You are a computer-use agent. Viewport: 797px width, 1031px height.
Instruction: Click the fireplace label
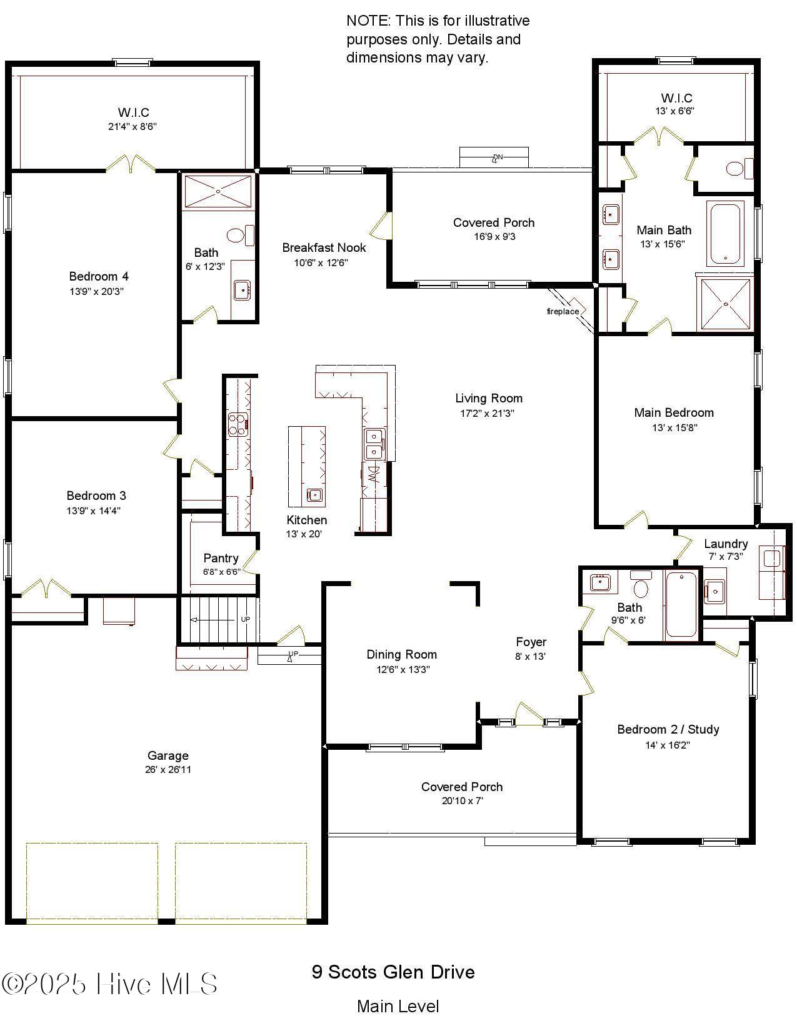(563, 311)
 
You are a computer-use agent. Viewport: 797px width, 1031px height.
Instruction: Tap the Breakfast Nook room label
(324, 247)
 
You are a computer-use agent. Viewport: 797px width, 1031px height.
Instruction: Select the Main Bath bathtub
(725, 232)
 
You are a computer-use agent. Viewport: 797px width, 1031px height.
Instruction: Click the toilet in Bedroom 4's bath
(236, 235)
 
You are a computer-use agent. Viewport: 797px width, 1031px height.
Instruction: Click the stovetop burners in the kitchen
(238, 424)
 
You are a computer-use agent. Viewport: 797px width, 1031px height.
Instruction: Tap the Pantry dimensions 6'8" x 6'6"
(221, 572)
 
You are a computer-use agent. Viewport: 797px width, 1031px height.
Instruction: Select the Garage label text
(168, 755)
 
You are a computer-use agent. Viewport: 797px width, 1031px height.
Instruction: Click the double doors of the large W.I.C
(131, 164)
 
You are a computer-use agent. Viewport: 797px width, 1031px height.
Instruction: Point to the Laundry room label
(725, 544)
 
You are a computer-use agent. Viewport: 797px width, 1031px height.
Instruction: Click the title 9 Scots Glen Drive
(393, 972)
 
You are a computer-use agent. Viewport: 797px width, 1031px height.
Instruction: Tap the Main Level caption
(398, 1007)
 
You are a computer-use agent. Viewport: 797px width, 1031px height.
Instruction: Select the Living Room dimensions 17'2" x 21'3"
(488, 413)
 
